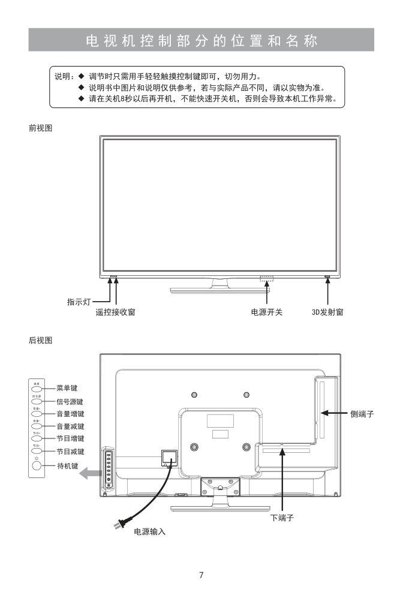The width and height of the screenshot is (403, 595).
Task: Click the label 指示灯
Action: (79, 302)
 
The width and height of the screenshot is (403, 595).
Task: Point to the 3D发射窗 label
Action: (327, 312)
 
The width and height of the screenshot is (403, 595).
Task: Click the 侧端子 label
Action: (363, 414)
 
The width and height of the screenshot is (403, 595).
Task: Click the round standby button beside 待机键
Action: (37, 465)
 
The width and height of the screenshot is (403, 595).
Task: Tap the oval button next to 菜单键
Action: (37, 389)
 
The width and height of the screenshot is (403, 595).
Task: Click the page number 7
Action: (201, 576)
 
